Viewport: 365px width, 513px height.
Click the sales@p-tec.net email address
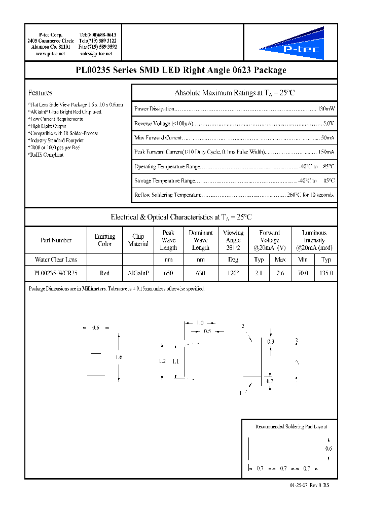(98, 53)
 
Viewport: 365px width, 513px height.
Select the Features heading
(41, 93)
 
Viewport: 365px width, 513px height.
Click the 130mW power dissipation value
(326, 109)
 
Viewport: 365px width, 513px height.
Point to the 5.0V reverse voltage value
(328, 123)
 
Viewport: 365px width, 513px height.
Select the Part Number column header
(56, 240)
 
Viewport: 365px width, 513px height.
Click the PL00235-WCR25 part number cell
(56, 273)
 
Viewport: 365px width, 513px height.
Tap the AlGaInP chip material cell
(138, 273)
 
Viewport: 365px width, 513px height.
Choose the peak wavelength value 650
(168, 273)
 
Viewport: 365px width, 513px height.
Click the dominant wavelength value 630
(201, 273)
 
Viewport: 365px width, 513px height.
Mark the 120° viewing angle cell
(233, 273)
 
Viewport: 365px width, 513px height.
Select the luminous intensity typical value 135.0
(326, 273)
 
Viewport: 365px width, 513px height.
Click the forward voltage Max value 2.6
(280, 273)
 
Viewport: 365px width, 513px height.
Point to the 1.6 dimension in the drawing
(119, 357)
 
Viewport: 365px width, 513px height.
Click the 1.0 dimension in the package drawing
(200, 323)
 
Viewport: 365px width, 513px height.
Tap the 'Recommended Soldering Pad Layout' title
(287, 427)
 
